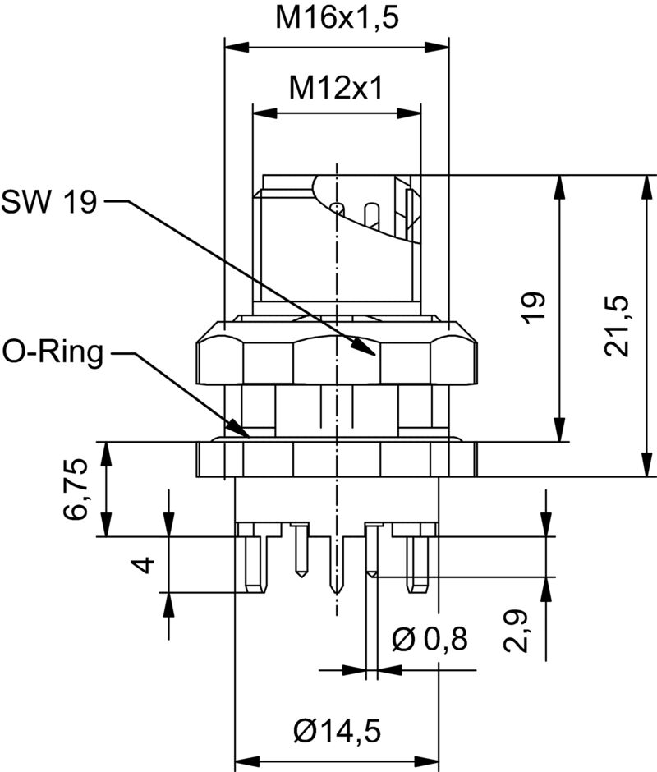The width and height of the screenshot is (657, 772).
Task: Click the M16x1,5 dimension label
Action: click(337, 18)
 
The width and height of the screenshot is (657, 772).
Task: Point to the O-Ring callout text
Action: click(54, 353)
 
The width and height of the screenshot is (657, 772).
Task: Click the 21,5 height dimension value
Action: click(618, 325)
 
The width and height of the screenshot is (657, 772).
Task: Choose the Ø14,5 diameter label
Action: click(337, 728)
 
